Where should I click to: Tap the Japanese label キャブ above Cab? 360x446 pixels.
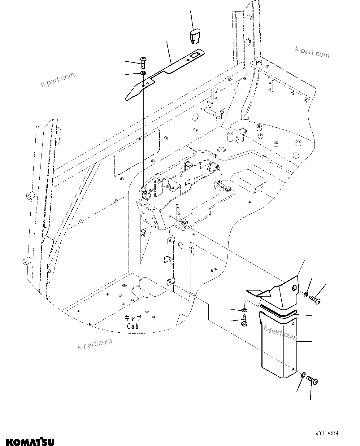pyautogui.click(x=133, y=318)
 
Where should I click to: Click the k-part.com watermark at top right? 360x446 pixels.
pyautogui.click(x=312, y=53)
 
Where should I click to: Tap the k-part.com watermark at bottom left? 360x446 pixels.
pyautogui.click(x=95, y=343)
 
